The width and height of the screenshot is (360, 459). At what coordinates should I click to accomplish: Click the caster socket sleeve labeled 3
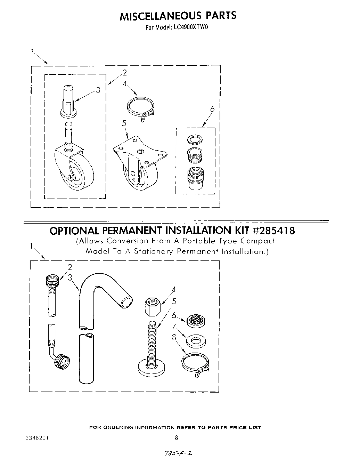tap(69, 101)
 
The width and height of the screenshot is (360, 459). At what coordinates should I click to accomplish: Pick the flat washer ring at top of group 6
tap(193, 140)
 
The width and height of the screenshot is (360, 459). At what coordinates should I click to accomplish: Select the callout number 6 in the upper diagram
tap(212, 109)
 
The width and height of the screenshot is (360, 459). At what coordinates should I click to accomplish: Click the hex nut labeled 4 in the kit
tap(152, 306)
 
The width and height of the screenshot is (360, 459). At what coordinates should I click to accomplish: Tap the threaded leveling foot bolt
tap(152, 348)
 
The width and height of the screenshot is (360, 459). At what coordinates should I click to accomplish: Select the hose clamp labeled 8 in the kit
tap(195, 362)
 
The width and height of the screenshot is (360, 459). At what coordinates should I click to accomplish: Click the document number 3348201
tap(37, 438)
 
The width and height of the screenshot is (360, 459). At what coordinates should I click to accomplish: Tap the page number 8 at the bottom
tap(177, 438)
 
